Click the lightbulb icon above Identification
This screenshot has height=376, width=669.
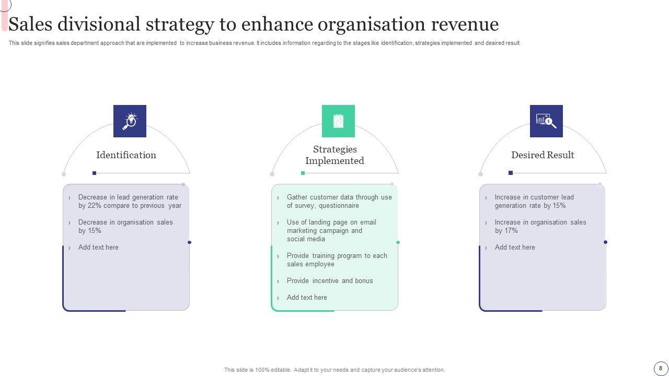tap(130, 121)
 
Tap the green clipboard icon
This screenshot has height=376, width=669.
tap(338, 121)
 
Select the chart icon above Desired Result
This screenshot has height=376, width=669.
tap(546, 121)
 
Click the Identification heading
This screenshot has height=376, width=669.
tap(126, 155)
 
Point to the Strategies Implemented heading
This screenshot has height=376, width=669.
tap(334, 155)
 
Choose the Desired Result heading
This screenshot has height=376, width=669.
tap(543, 155)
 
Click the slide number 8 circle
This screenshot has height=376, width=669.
tap(661, 368)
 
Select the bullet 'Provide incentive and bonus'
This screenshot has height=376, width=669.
tap(330, 281)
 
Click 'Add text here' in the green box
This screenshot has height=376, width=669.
tap(307, 298)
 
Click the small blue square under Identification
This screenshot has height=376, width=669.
tap(94, 173)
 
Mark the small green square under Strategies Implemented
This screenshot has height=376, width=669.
tap(303, 173)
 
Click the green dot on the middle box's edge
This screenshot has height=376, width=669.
tap(398, 242)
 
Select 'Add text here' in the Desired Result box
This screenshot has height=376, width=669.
tap(515, 248)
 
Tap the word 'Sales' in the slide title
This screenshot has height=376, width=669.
tap(30, 25)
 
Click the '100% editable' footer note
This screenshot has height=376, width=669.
tap(334, 370)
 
